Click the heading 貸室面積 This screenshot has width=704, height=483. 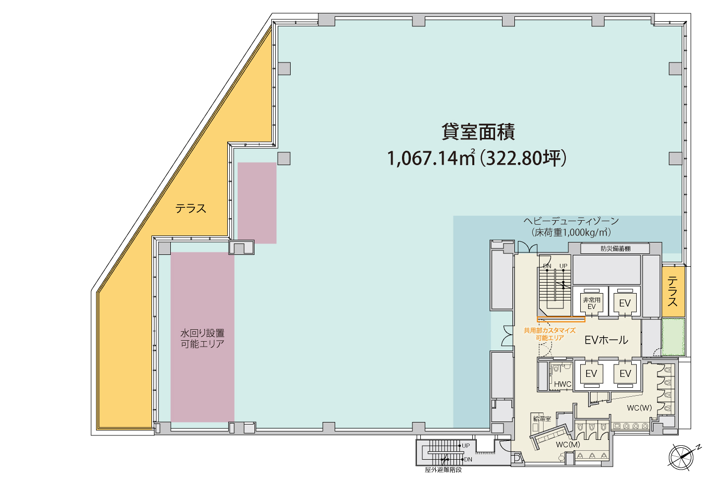[x=478, y=132]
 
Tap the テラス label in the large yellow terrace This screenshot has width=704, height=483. [x=191, y=209]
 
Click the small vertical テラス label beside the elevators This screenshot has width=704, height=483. [x=672, y=292]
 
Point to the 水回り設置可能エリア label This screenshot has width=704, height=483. [x=202, y=339]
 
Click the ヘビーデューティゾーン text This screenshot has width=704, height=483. [x=571, y=221]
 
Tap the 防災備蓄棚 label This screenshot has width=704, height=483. [x=615, y=248]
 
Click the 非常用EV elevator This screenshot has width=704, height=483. [x=591, y=303]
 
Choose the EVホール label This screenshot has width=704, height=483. [x=606, y=340]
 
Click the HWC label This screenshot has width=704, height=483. [x=562, y=384]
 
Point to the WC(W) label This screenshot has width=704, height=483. [x=639, y=408]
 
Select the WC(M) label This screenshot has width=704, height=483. [x=568, y=445]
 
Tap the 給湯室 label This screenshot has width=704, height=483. [x=542, y=419]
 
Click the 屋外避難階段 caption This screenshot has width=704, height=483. [x=443, y=470]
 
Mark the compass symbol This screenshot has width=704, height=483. [x=681, y=457]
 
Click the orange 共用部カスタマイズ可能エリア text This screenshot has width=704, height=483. [x=550, y=334]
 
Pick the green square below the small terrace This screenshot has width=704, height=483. [x=673, y=337]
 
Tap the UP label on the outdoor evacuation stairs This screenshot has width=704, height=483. [x=465, y=446]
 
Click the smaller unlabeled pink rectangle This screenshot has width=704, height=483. [x=257, y=203]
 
